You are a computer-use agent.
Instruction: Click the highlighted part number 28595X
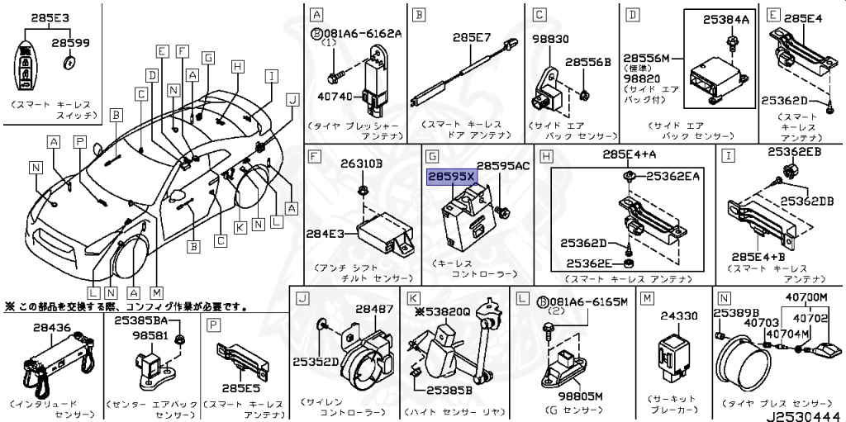tap(451, 177)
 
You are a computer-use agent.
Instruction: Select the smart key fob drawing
tap(30, 69)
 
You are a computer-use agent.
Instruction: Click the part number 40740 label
tap(334, 97)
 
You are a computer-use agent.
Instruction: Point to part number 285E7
tap(473, 37)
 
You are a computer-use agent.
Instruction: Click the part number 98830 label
tap(549, 38)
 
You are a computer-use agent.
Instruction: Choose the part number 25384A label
tap(725, 19)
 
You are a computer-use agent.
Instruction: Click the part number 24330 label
tap(678, 315)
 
